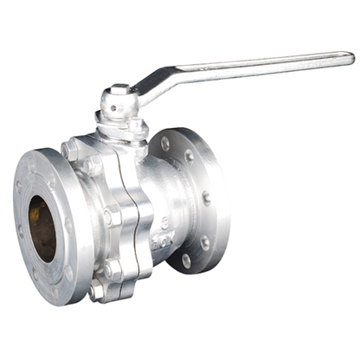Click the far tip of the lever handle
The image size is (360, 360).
[x=349, y=57]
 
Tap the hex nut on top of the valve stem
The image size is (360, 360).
[x=119, y=89]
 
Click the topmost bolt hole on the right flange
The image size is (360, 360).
[x=165, y=143]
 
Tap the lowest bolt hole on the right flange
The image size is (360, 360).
[x=186, y=259]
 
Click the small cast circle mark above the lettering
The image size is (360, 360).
[x=164, y=223]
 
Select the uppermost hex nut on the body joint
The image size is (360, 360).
[x=71, y=149]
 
